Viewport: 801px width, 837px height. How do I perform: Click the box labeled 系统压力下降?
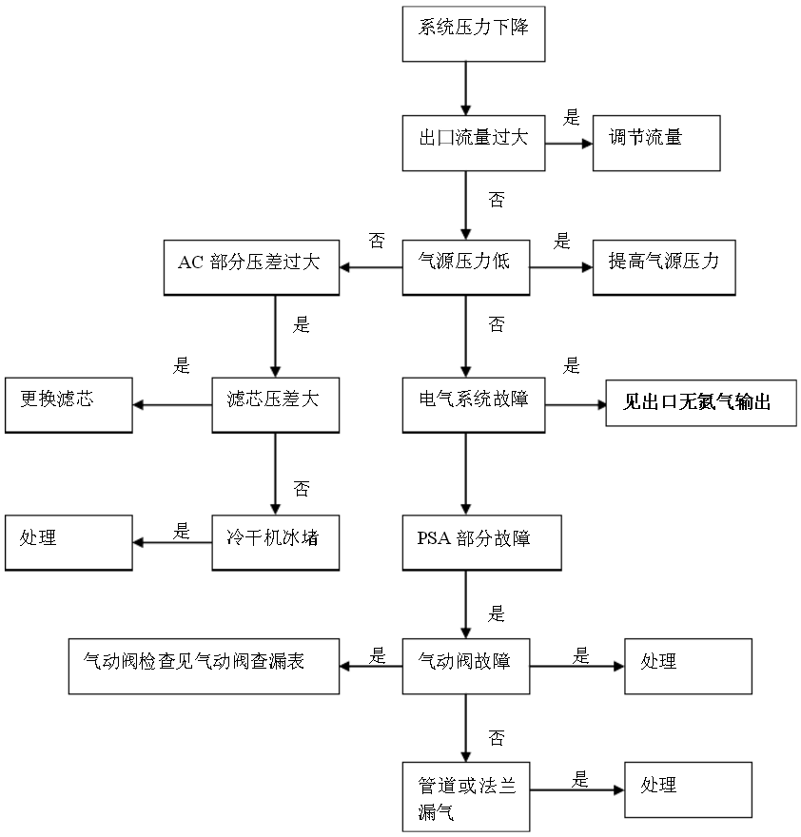[x=474, y=34]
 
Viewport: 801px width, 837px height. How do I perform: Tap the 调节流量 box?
[x=655, y=144]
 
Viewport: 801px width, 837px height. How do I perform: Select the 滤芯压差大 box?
[x=275, y=405]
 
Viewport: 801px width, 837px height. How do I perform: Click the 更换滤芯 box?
[x=68, y=405]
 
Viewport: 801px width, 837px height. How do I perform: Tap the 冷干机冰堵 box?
[x=275, y=542]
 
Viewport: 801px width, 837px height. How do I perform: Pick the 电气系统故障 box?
[x=474, y=405]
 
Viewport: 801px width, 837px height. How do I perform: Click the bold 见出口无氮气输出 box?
[x=701, y=405]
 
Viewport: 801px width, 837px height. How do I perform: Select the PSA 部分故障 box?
[x=480, y=542]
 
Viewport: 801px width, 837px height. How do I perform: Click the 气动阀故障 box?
[x=464, y=666]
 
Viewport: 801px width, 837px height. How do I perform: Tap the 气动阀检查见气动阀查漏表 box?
[x=205, y=666]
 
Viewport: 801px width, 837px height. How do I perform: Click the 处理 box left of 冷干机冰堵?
[x=68, y=542]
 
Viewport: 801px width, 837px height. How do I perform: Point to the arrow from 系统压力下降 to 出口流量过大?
[x=465, y=88]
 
